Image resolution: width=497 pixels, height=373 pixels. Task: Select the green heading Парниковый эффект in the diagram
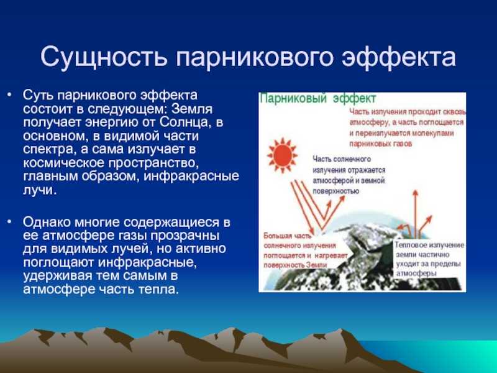point(317,99)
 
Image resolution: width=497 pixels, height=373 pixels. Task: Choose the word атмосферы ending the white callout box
point(415,272)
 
